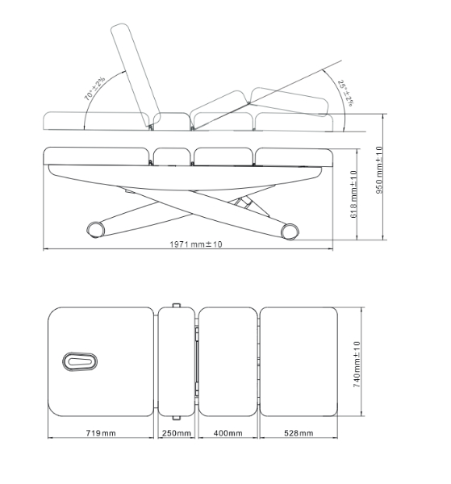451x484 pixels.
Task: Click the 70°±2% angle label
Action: pos(94,88)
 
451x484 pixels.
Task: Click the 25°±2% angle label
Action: pos(345,93)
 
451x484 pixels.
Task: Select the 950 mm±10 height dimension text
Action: pos(379,170)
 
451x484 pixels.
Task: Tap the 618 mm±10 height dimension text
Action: pos(353,194)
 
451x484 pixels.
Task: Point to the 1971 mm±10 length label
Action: pos(196,244)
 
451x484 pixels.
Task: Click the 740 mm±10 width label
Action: pos(357,365)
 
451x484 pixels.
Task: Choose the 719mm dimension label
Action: pos(101,433)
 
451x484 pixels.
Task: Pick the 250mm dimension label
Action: pos(177,433)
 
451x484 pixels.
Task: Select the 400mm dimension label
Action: pos(228,433)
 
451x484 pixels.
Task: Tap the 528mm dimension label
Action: pos(299,433)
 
